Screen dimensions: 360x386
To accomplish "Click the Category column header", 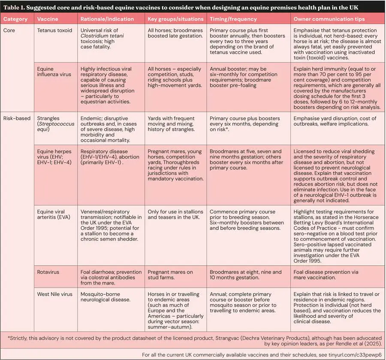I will click(x=15, y=19).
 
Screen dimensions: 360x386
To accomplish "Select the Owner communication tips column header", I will click(x=329, y=19).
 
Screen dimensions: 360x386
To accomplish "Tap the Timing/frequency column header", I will click(x=233, y=19).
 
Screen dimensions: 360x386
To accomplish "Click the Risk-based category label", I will click(x=17, y=118).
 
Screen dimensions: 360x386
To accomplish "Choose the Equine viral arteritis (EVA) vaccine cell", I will click(x=55, y=215).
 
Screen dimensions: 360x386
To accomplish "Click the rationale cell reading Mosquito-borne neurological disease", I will click(x=105, y=297).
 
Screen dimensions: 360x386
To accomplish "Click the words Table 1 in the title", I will click(x=16, y=7).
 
